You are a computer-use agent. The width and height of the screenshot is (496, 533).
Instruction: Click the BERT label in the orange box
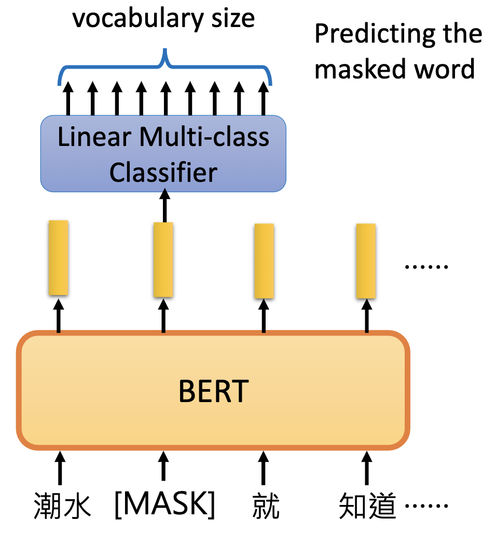(x=213, y=392)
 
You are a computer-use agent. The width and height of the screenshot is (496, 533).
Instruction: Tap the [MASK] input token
(x=164, y=503)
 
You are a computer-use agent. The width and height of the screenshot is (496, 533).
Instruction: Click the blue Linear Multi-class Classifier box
(x=163, y=153)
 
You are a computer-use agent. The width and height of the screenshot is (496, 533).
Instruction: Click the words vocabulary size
(x=163, y=19)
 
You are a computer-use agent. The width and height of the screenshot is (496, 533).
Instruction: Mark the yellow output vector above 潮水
(x=58, y=258)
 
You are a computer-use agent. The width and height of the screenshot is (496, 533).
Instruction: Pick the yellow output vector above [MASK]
(x=163, y=259)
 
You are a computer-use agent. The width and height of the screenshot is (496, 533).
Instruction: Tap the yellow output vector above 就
(x=264, y=261)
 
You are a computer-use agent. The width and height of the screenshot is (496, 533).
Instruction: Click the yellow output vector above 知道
(x=366, y=261)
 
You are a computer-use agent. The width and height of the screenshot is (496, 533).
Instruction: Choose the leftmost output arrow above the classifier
(x=67, y=99)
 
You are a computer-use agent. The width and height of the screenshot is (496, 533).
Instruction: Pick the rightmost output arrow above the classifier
(x=264, y=99)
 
